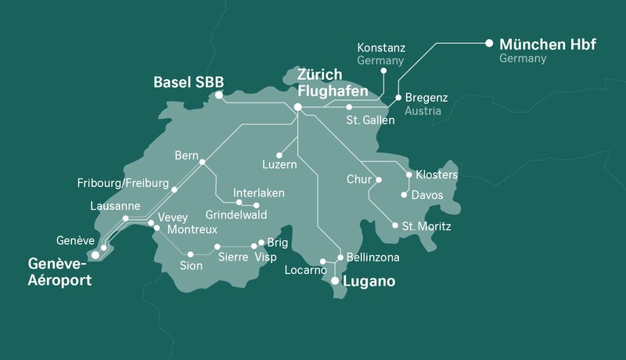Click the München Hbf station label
point(547,44)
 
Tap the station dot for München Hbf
point(489,42)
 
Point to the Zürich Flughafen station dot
point(297,107)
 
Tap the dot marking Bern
point(202,162)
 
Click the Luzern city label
point(279,166)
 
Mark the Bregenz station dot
point(398,98)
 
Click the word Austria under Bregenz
point(423,112)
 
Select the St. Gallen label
point(370,121)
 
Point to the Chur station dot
point(379,180)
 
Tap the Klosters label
point(437,175)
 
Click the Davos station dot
point(405,195)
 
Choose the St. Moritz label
point(426,227)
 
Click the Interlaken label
point(258,193)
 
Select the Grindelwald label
point(236,214)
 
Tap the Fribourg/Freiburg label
point(123,184)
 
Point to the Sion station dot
point(191,254)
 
